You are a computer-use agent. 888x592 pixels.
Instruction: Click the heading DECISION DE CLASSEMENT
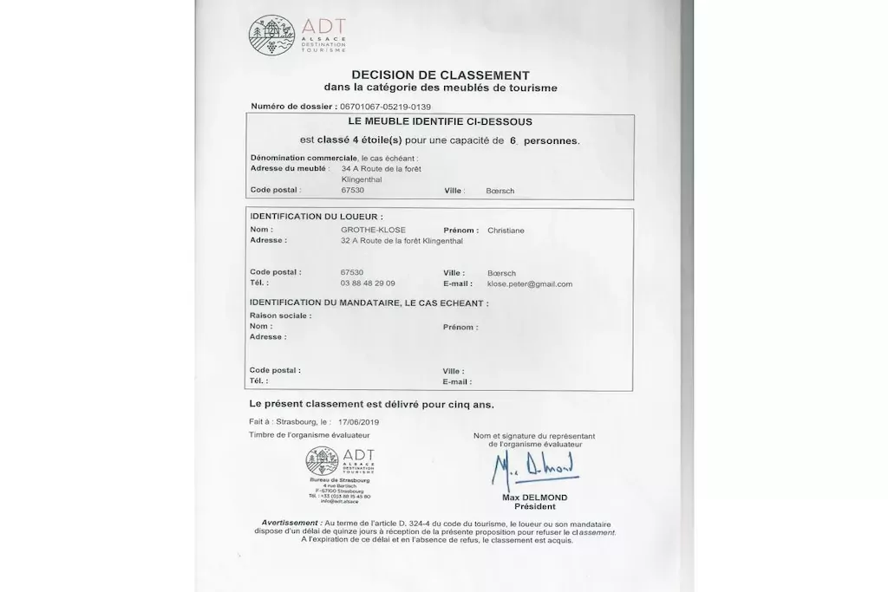click(441, 75)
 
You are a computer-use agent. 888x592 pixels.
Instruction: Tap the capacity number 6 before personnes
click(513, 140)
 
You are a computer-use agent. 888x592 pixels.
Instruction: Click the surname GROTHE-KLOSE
click(374, 230)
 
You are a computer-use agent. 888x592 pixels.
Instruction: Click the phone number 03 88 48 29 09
click(368, 283)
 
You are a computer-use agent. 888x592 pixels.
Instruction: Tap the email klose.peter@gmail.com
click(530, 283)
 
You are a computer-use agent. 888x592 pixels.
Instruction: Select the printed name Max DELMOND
click(534, 498)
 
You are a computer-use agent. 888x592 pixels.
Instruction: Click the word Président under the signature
click(534, 506)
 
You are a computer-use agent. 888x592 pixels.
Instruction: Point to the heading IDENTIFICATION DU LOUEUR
click(316, 216)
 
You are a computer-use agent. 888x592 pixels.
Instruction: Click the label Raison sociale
click(280, 316)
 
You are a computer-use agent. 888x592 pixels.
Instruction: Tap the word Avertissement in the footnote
click(289, 523)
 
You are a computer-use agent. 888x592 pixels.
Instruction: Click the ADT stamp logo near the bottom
click(323, 460)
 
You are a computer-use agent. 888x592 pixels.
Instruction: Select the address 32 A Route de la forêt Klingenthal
click(402, 240)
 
